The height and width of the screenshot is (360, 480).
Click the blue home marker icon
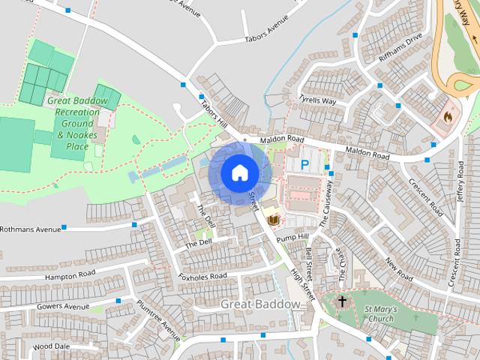click(x=239, y=172)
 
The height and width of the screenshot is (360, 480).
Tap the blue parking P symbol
click(x=305, y=163)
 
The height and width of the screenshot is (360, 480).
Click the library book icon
click(x=273, y=219)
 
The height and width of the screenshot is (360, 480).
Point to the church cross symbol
click(x=342, y=301)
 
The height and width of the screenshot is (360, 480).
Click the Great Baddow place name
click(x=261, y=304)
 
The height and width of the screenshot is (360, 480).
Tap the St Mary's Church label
click(x=379, y=313)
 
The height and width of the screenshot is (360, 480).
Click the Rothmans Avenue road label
click(x=30, y=229)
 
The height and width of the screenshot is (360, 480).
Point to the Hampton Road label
click(x=71, y=274)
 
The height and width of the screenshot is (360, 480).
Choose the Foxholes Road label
click(x=202, y=276)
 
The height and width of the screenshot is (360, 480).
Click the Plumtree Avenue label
click(x=158, y=319)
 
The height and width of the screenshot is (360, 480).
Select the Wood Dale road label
click(x=51, y=346)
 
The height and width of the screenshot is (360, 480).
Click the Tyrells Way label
click(x=317, y=100)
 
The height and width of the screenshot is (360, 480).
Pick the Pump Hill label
click(x=292, y=238)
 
